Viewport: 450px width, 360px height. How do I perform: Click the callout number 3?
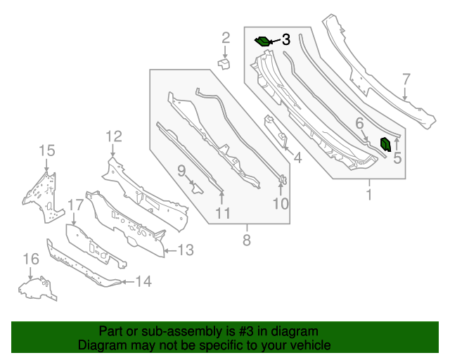click(x=285, y=40)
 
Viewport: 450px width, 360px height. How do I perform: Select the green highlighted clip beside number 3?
click(x=263, y=41)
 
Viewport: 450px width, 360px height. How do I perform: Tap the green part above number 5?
click(x=386, y=144)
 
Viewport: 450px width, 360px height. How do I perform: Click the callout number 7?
click(x=406, y=79)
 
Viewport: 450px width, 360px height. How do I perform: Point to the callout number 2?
click(x=226, y=38)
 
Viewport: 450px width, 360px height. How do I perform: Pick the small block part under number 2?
click(x=224, y=64)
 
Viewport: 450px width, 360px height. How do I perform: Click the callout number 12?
click(x=114, y=136)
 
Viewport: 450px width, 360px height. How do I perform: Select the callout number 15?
click(x=46, y=150)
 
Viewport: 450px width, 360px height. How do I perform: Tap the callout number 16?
click(x=30, y=260)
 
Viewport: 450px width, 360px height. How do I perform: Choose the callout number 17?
click(x=75, y=205)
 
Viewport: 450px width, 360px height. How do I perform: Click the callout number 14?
click(x=143, y=282)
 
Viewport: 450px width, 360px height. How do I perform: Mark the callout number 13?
click(x=185, y=250)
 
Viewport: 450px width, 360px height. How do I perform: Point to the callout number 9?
click(x=181, y=170)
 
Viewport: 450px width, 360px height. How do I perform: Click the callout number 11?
click(x=223, y=213)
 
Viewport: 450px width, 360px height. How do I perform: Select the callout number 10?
click(x=281, y=204)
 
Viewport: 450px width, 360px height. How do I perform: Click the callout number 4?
click(x=297, y=158)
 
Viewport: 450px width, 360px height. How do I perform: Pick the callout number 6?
click(x=359, y=124)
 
